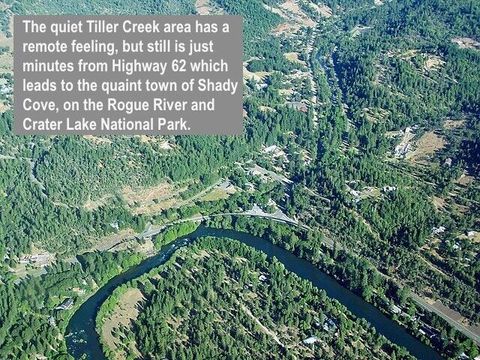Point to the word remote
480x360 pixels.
[49, 46]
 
